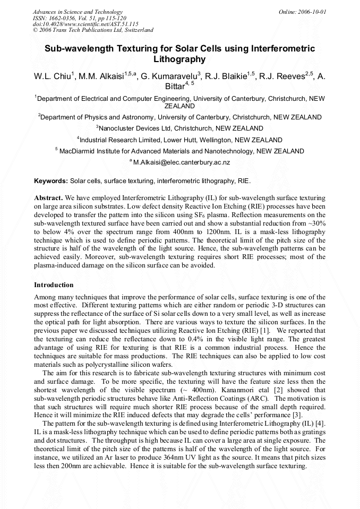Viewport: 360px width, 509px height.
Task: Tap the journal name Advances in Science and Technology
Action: pyautogui.click(x=78, y=12)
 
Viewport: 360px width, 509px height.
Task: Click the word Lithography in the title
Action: pyautogui.click(x=179, y=59)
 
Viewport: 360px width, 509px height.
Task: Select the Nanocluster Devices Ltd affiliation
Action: pyautogui.click(x=179, y=128)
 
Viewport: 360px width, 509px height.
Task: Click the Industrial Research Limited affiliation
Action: pyautogui.click(x=179, y=140)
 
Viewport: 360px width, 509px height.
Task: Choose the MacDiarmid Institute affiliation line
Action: pyautogui.click(x=179, y=151)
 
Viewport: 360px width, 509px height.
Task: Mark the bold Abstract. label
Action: pyautogui.click(x=49, y=197)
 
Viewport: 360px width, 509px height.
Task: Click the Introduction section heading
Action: pyautogui.click(x=54, y=285)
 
